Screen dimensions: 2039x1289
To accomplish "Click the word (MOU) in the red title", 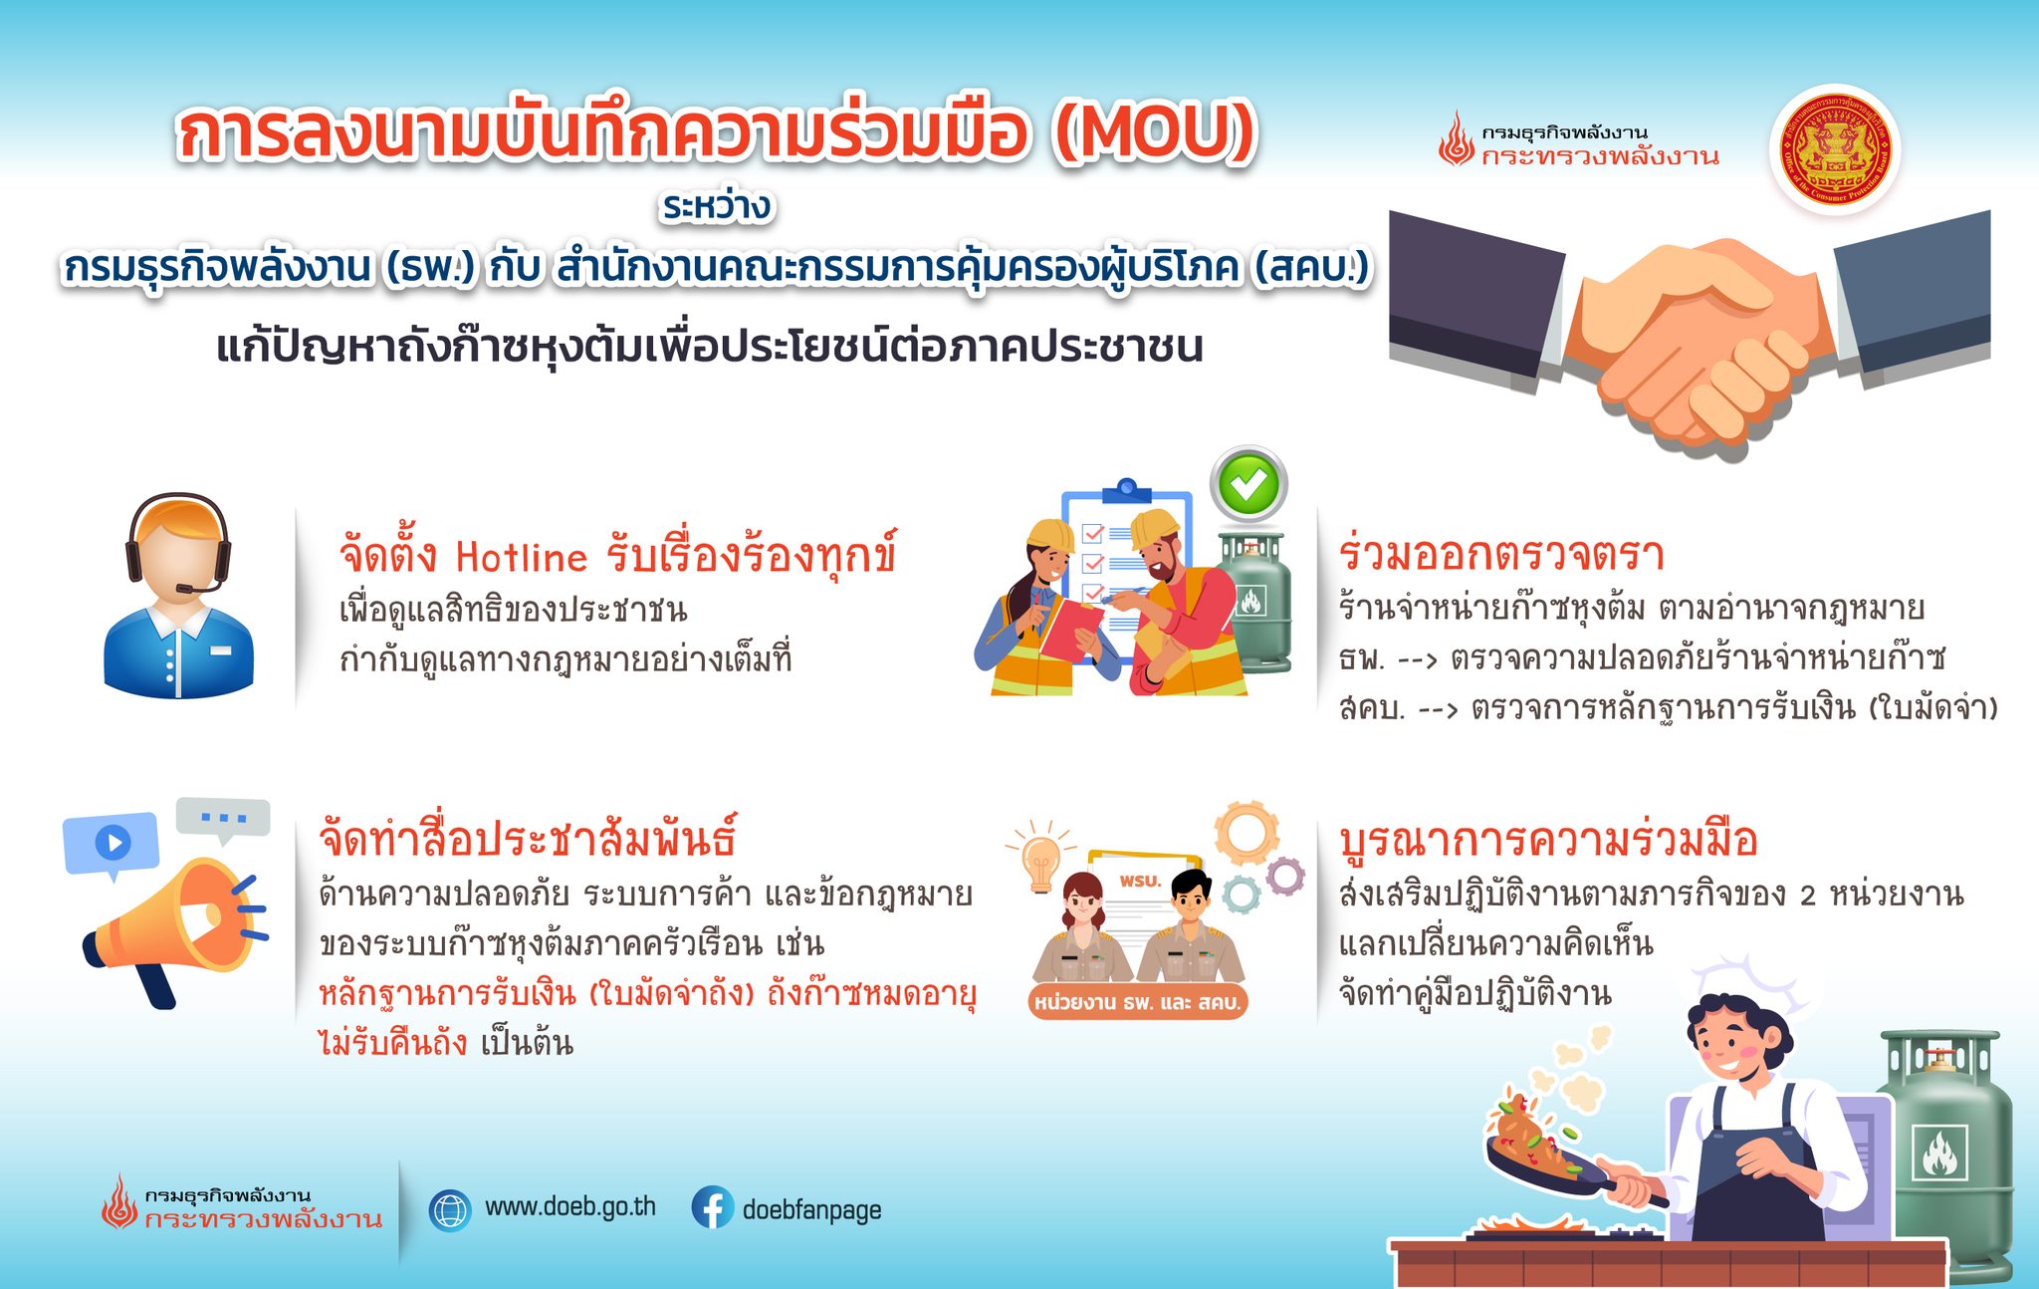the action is pos(1156,135).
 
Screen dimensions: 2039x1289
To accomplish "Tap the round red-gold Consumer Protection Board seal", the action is pos(1835,150).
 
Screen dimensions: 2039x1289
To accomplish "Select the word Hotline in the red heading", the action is pos(522,557).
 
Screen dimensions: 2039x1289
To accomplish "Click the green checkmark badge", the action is pos(1248,484).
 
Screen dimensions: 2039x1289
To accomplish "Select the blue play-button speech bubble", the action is pos(111,845).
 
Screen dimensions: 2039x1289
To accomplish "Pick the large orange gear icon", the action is pos(1246,833).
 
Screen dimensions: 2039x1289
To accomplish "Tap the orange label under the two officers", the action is pos(1138,1002).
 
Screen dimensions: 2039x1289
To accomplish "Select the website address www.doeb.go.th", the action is pos(570,1207).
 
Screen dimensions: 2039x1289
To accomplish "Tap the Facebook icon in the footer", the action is pos(713,1207).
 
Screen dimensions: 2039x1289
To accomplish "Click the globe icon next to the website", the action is pos(450,1209).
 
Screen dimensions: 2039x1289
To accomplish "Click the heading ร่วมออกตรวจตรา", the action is pos(1501,554).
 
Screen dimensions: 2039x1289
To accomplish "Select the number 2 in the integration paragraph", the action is pos(1808,896).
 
